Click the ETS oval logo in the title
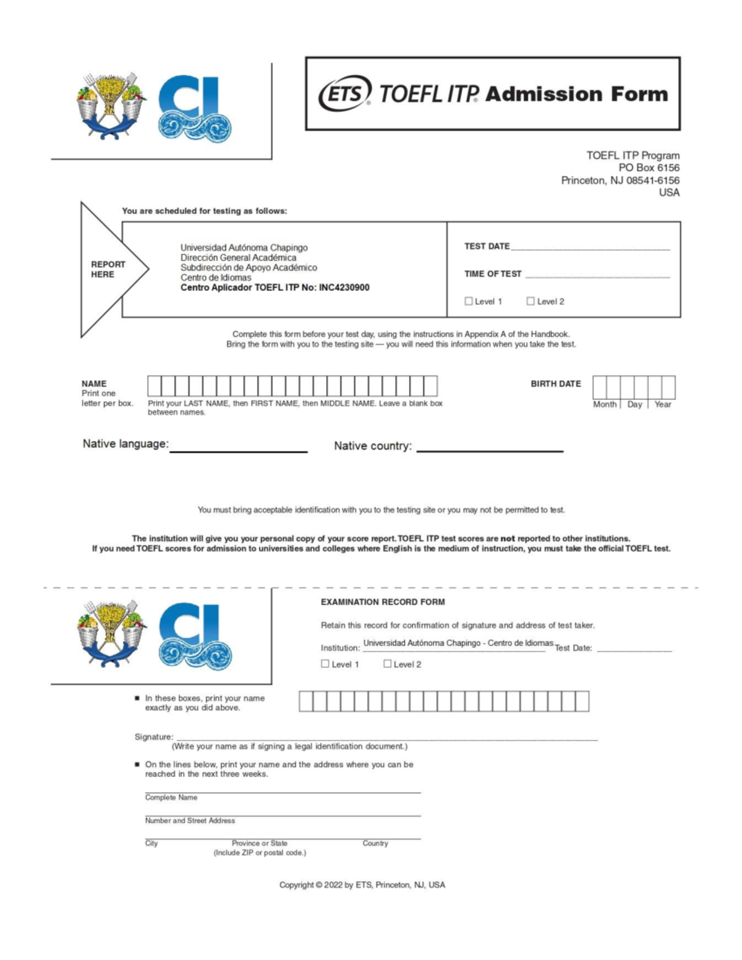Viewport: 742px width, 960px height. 345,93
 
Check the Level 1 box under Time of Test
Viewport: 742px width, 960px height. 469,301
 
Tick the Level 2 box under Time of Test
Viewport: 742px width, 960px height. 531,301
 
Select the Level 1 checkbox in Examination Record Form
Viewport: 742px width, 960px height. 325,663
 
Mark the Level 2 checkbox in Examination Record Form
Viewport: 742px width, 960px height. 388,663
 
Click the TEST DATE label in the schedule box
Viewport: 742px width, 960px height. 487,246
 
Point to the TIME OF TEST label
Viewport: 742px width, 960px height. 493,274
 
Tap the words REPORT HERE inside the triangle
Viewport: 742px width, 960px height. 108,270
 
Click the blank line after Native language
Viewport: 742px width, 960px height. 238,448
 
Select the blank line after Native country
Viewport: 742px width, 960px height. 490,448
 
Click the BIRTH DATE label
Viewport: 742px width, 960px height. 555,384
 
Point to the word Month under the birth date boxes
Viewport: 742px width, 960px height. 605,404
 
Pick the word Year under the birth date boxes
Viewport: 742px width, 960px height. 663,404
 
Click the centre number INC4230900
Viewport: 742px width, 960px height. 344,287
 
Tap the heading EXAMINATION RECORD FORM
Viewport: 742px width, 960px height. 383,602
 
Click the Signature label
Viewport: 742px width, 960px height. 153,737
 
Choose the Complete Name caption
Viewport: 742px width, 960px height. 171,797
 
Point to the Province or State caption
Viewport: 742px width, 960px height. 260,843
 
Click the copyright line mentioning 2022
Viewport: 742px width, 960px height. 362,885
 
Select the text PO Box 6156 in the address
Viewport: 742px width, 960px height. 649,168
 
